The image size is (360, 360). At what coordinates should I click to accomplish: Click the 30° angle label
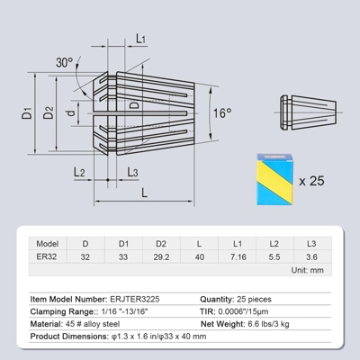pyautogui.click(x=65, y=62)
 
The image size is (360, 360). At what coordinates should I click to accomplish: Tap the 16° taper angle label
pyautogui.click(x=222, y=113)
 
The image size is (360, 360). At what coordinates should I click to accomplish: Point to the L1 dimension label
pyautogui.click(x=140, y=39)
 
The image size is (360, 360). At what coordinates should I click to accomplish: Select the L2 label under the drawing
pyautogui.click(x=79, y=172)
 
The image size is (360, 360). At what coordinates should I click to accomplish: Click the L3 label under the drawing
pyautogui.click(x=132, y=172)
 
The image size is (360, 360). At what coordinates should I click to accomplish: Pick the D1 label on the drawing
pyautogui.click(x=27, y=112)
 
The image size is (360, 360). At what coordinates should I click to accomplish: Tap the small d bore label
pyautogui.click(x=71, y=113)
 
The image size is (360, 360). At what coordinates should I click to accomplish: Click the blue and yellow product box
pyautogui.click(x=274, y=179)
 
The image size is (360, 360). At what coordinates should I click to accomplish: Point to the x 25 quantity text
pyautogui.click(x=311, y=181)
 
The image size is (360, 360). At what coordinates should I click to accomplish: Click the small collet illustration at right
pyautogui.click(x=308, y=112)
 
